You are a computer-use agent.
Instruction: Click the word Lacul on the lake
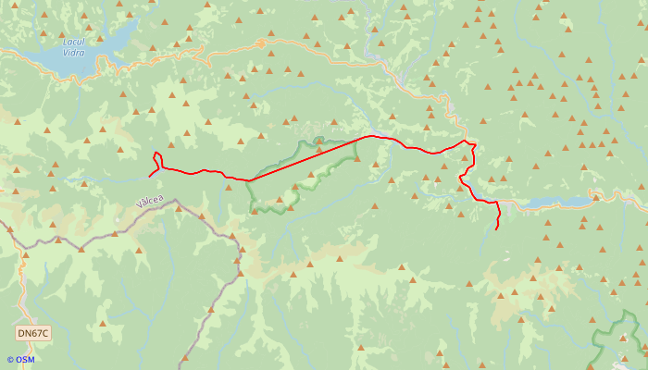click(73, 42)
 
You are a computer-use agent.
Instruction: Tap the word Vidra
click(73, 53)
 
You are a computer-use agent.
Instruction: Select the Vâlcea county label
click(149, 200)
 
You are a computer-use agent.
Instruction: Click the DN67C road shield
click(33, 333)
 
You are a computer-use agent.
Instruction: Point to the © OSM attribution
click(19, 360)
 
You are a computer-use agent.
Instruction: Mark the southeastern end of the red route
click(498, 228)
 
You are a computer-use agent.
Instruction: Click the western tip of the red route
click(150, 176)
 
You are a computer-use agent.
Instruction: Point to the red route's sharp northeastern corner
click(475, 144)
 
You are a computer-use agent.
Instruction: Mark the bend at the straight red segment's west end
click(249, 180)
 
